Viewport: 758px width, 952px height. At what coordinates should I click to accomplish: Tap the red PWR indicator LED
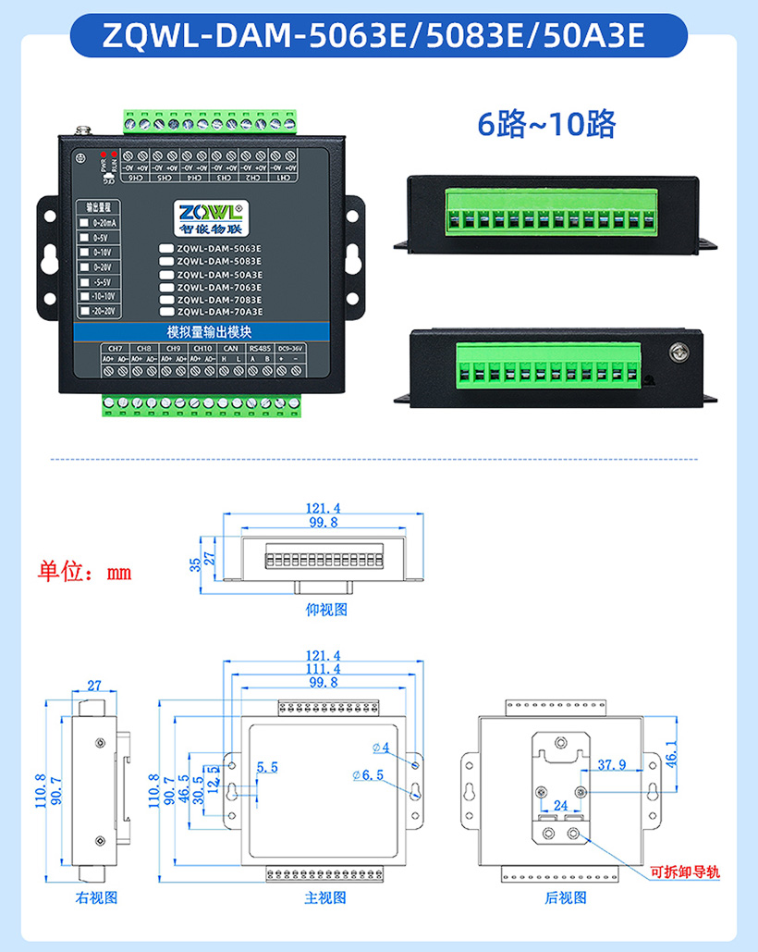[104, 154]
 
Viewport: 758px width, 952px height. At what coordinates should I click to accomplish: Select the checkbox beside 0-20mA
[84, 223]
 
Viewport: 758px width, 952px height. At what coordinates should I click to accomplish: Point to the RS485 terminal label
[260, 348]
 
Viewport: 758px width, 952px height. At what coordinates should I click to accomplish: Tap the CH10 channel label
[202, 348]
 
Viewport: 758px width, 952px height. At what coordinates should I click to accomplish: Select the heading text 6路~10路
[545, 123]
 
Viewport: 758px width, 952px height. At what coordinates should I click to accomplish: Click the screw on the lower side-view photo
[679, 352]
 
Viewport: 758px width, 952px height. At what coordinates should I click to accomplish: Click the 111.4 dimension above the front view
[323, 669]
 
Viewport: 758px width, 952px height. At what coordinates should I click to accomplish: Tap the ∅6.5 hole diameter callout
[367, 774]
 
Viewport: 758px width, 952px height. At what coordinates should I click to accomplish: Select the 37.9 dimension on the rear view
[612, 765]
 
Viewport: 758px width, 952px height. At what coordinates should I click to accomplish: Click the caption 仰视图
[326, 610]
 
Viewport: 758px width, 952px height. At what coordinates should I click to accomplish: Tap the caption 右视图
[96, 897]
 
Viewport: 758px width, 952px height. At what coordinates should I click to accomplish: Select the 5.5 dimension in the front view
[267, 767]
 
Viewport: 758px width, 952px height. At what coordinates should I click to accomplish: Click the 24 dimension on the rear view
[560, 806]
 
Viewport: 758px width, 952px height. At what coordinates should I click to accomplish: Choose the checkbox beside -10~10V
[84, 296]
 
